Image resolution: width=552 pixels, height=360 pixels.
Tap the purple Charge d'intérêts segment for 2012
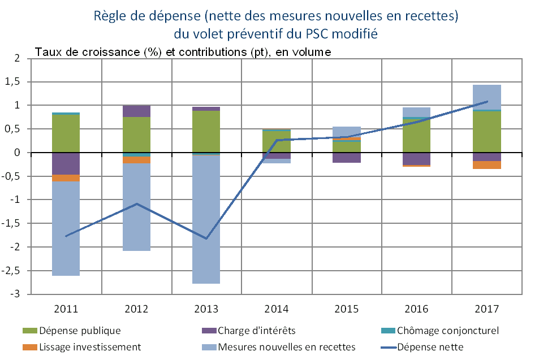pyautogui.click(x=136, y=111)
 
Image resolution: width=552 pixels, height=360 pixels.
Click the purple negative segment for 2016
pyautogui.click(x=417, y=159)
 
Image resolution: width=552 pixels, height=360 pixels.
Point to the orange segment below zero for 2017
pyautogui.click(x=487, y=165)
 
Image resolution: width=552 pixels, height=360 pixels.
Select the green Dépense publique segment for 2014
pyautogui.click(x=277, y=141)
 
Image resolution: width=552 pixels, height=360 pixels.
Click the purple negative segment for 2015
pyautogui.click(x=347, y=158)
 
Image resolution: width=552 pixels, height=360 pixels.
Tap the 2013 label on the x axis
pyautogui.click(x=206, y=309)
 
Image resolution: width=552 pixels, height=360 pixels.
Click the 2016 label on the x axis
pyautogui.click(x=417, y=309)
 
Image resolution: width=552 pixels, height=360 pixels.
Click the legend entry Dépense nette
pyautogui.click(x=430, y=346)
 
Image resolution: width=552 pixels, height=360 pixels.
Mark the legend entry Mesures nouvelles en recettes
pyautogui.click(x=286, y=346)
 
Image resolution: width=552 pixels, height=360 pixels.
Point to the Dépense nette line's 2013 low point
pyautogui.click(x=206, y=238)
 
